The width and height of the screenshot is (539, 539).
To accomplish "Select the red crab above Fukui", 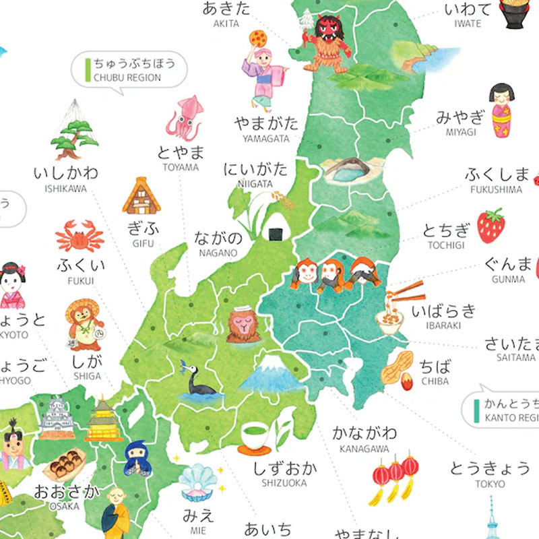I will tap(80, 236).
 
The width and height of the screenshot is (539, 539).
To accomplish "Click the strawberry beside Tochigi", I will tap(491, 226).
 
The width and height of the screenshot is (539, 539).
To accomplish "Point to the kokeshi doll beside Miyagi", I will tap(501, 110).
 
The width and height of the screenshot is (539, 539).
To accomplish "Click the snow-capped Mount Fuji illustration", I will tap(271, 374).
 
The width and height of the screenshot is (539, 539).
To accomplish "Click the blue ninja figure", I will tap(137, 458).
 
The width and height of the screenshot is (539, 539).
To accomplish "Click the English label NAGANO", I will tap(218, 253).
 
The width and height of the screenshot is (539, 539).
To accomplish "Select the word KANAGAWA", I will tap(364, 449).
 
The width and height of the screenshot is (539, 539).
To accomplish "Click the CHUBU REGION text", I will tap(127, 77).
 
